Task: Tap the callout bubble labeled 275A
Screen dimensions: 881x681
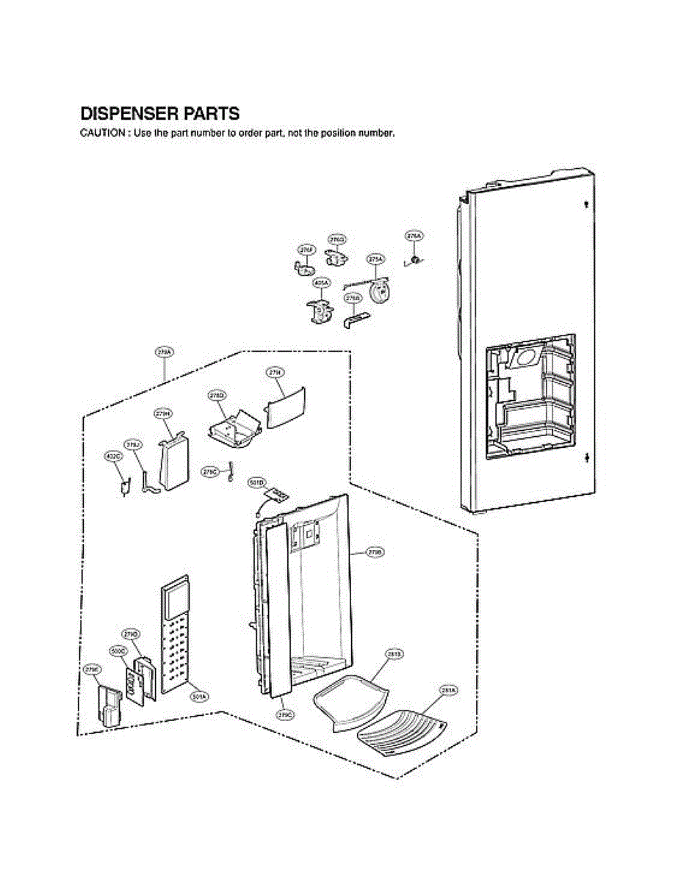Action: tap(375, 258)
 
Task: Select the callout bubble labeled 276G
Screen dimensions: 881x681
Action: tap(337, 239)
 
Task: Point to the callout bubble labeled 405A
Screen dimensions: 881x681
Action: tap(321, 282)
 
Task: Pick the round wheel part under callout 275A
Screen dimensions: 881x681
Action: tap(381, 291)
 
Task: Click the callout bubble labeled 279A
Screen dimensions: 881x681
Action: tap(164, 353)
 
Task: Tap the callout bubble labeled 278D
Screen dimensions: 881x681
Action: tap(217, 396)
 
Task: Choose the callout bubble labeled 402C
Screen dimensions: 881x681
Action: tap(114, 457)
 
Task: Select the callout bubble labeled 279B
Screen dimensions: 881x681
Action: tap(375, 551)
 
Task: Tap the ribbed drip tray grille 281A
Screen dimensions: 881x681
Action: tap(401, 726)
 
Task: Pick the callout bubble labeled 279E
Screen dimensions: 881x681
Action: tap(92, 670)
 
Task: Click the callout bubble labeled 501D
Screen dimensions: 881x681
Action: tap(256, 482)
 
